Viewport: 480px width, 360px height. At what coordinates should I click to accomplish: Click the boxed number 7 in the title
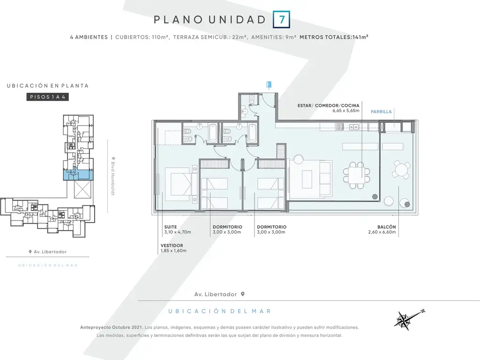tap(281, 20)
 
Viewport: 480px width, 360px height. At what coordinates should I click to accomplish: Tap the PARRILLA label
tap(381, 112)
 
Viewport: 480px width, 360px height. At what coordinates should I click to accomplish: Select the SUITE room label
tap(171, 227)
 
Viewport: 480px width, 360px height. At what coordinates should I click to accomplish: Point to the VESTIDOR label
tap(172, 246)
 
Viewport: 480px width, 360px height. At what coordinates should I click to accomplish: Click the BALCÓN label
tap(386, 227)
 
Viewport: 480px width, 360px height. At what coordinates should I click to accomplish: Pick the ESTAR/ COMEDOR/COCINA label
tap(329, 105)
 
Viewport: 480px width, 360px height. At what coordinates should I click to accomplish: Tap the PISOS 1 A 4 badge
tap(47, 97)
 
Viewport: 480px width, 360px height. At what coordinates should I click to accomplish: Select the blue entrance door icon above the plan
tap(269, 84)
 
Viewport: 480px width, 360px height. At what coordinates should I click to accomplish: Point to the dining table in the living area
tap(356, 175)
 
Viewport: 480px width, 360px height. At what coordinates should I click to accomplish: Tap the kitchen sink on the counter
tap(354, 127)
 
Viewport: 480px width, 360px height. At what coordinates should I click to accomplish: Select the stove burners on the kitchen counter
tap(339, 127)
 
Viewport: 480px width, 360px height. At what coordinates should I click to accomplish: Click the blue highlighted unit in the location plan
tap(78, 175)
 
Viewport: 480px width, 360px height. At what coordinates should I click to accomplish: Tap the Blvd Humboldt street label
tap(112, 176)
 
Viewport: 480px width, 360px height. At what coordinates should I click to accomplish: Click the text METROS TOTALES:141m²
tap(334, 37)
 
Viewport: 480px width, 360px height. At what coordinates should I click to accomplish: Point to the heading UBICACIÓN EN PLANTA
tap(48, 86)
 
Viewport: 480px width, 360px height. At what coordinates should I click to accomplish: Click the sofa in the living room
tap(326, 179)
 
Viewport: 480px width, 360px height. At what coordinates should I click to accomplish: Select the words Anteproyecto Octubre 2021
tap(112, 327)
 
